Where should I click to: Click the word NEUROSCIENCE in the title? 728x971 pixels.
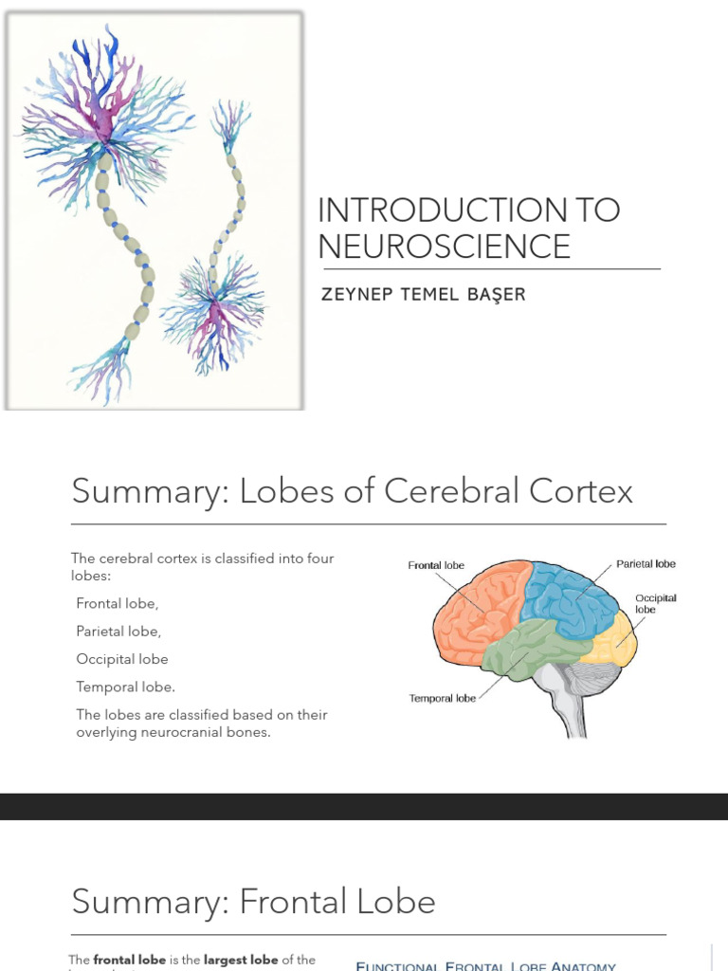coord(445,246)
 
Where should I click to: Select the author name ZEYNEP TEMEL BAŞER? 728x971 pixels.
coord(423,294)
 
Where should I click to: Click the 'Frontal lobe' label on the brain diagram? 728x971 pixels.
coord(436,565)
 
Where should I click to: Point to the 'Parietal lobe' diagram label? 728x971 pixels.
coord(646,563)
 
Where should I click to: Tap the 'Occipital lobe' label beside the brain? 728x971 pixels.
coord(656,604)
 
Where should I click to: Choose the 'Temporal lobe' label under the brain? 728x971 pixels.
coord(442,699)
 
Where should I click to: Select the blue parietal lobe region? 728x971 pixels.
coord(569,597)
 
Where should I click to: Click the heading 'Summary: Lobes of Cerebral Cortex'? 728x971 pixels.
coord(352,491)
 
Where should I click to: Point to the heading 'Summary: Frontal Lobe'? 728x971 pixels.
coord(253,901)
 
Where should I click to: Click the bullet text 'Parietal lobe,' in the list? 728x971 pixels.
coord(118,631)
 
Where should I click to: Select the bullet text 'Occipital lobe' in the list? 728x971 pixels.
coord(122,659)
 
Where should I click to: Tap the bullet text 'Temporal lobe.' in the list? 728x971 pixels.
coord(126,687)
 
